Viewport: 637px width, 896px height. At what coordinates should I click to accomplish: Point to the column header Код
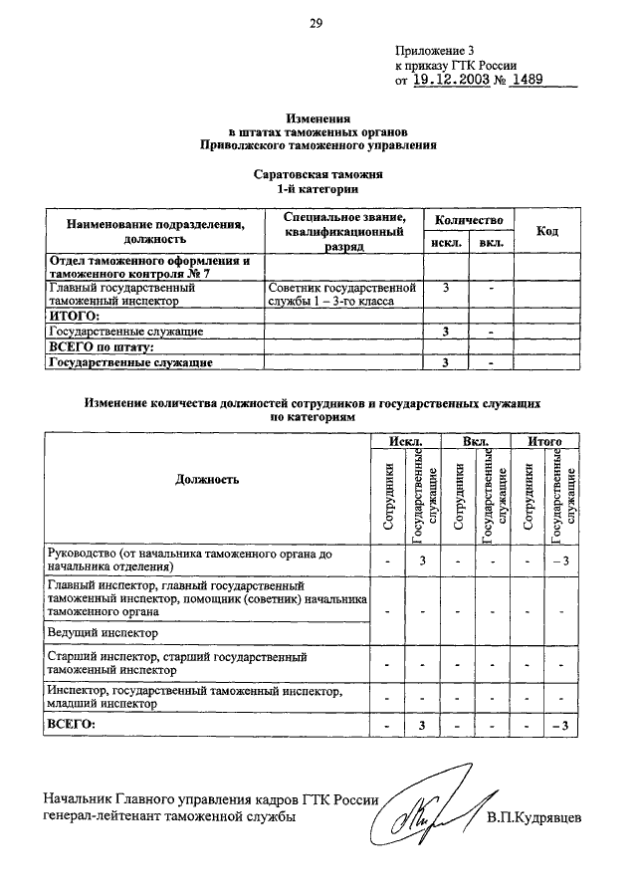click(546, 231)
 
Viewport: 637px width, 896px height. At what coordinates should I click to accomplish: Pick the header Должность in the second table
click(207, 480)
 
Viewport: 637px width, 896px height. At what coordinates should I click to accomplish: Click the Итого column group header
click(545, 441)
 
